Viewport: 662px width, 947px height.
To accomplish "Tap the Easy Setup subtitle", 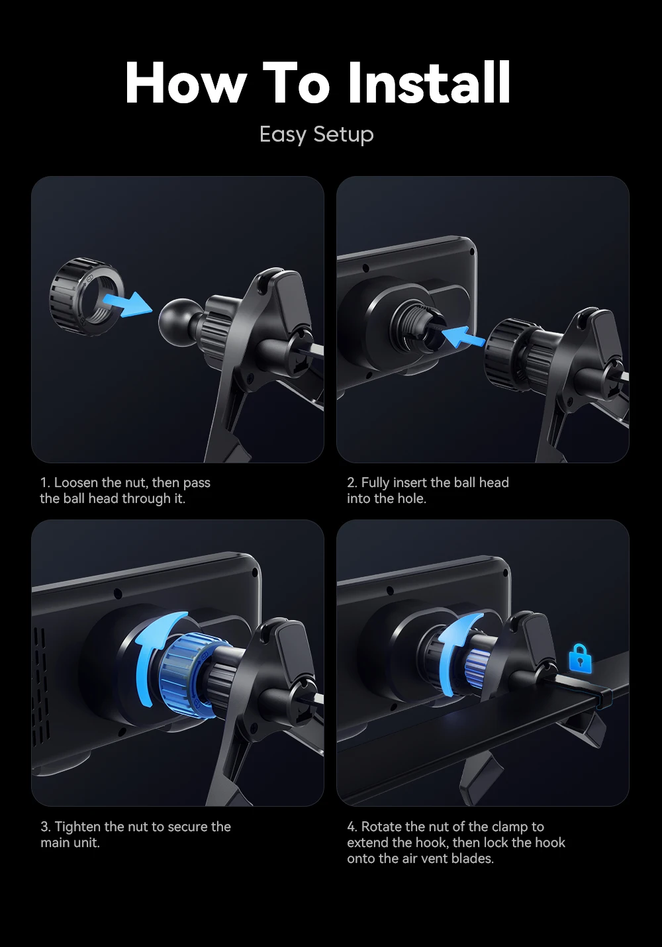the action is [x=316, y=134].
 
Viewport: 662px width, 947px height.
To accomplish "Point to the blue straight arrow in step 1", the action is [x=127, y=303].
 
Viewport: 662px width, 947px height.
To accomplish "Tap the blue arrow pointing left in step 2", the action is [x=462, y=337].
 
